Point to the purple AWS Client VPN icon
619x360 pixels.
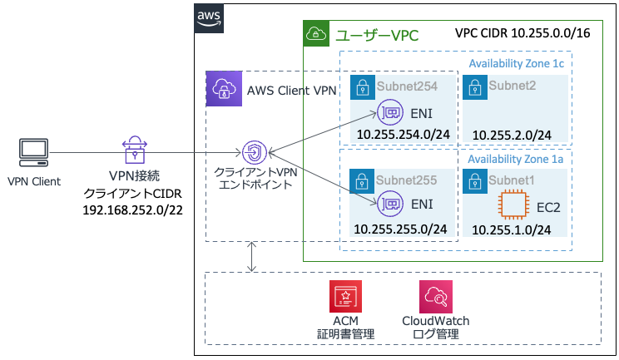[x=221, y=89]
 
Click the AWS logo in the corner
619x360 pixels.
[x=209, y=18]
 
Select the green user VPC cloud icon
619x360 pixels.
[x=317, y=35]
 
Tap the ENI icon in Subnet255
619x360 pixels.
[x=389, y=201]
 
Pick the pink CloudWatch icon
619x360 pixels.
[x=435, y=295]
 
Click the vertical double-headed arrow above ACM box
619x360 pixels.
[x=251, y=257]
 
